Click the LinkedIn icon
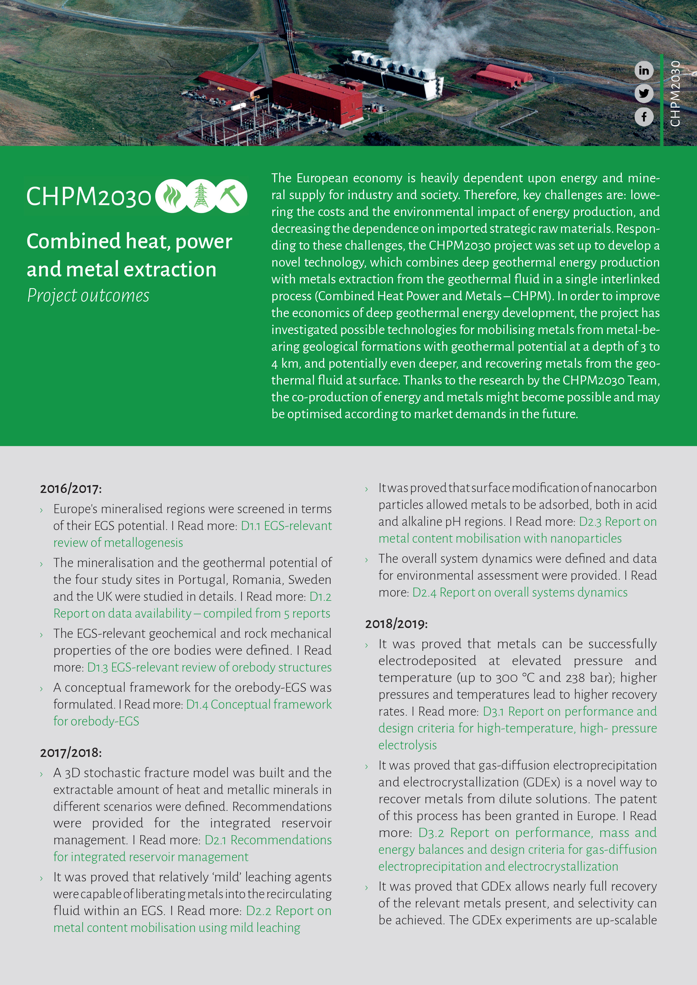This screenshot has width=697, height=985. coord(644,70)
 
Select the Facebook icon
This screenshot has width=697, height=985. coord(644,117)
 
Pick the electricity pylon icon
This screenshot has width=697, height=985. coord(201,196)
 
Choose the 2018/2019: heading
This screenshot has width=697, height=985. coord(396,624)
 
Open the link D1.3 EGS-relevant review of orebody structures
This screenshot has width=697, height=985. coord(209,668)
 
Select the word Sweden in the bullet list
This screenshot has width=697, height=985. coord(309,580)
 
